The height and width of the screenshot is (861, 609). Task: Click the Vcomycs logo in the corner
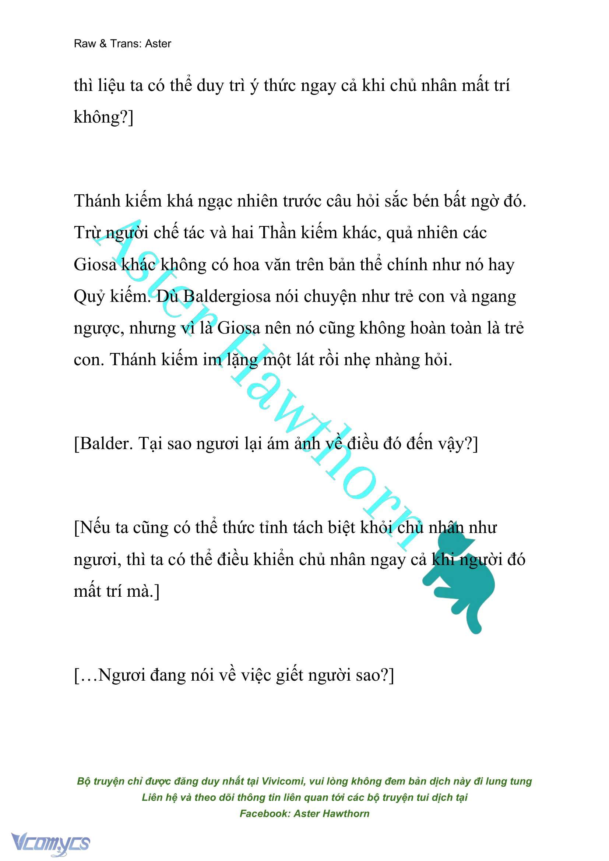coord(50,843)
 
